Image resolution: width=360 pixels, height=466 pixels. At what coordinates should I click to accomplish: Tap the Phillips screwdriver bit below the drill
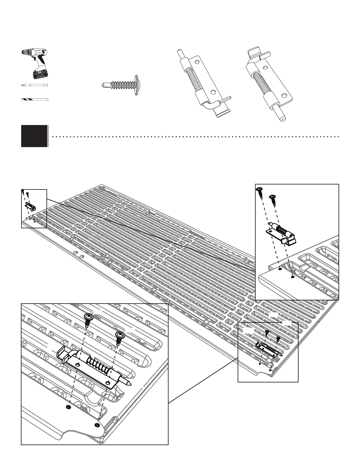pos(35,85)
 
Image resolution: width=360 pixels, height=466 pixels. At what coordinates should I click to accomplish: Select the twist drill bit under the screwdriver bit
pos(34,99)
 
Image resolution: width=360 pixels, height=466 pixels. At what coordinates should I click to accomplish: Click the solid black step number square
pos(34,136)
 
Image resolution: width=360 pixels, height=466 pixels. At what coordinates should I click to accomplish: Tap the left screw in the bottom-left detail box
pos(88,319)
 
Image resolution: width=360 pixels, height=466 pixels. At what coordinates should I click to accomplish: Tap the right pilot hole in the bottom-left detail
pos(97,425)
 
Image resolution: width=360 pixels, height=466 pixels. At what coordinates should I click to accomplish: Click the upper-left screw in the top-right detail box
pos(260,192)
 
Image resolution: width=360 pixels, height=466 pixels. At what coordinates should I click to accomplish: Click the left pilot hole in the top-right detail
pos(280,269)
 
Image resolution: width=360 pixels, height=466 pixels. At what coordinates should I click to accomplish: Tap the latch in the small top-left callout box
pos(30,206)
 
